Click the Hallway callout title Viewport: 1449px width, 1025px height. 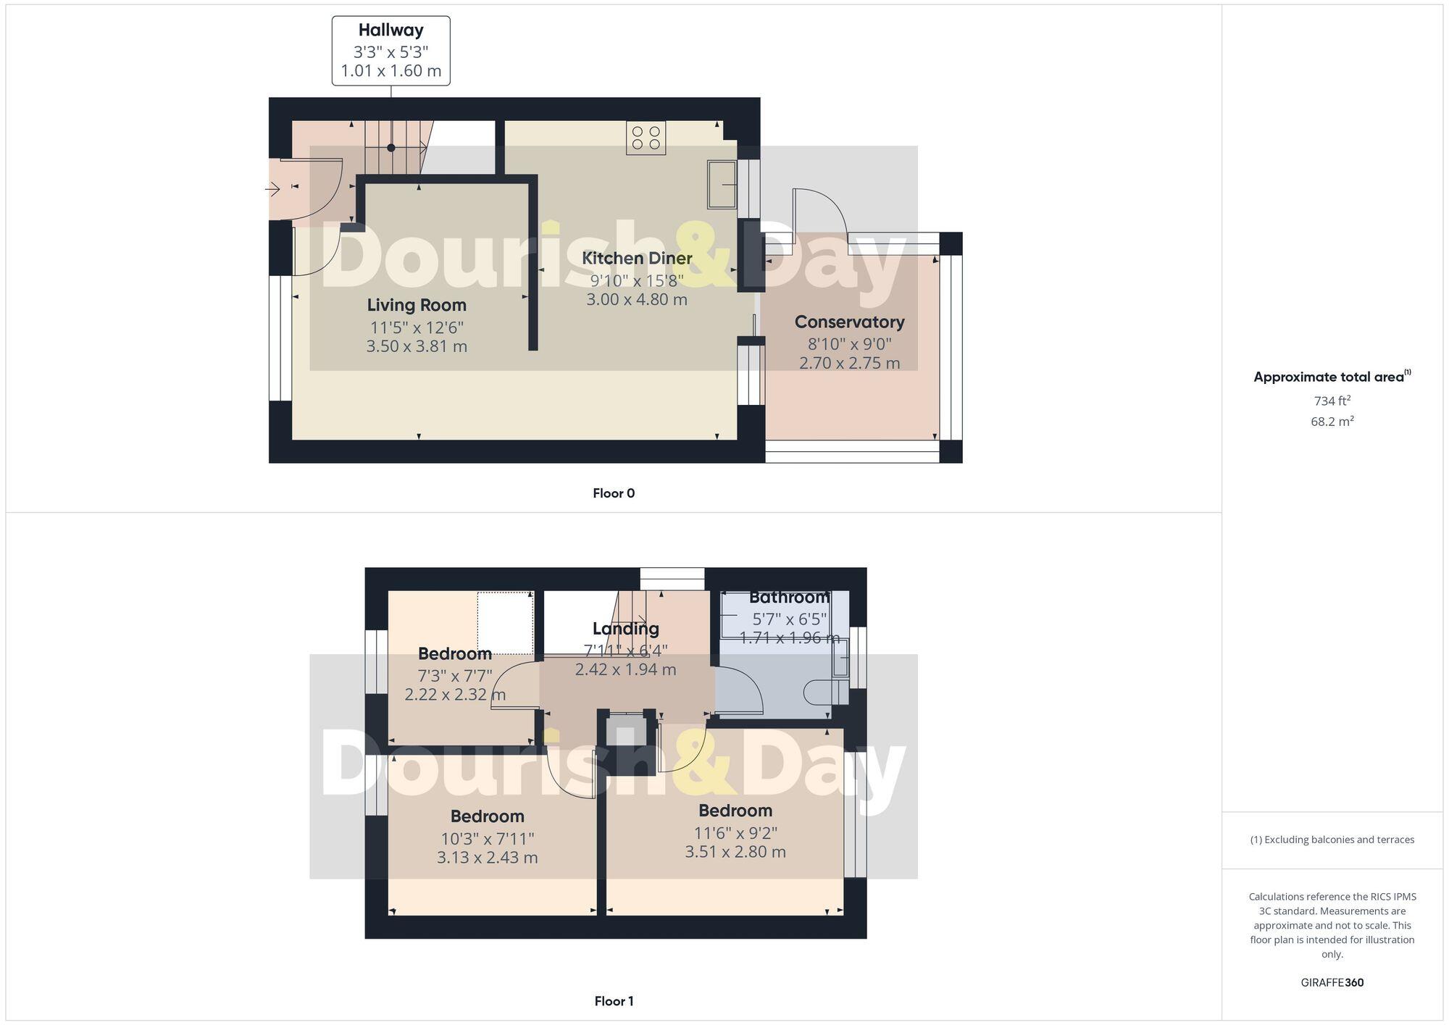tap(391, 30)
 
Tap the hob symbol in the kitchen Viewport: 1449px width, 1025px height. tap(646, 138)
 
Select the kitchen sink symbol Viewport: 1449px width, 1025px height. tap(722, 184)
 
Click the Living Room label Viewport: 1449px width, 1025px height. tap(417, 305)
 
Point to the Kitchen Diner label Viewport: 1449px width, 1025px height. tap(637, 258)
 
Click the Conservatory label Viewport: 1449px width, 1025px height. tap(849, 322)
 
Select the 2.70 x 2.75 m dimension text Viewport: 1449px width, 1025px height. tap(849, 363)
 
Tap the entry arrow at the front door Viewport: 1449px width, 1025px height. tap(272, 190)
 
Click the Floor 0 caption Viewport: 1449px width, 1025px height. tap(614, 493)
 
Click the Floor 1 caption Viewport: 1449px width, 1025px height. tap(614, 1001)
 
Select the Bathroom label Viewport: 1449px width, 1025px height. tap(789, 598)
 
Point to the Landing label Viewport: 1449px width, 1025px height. tap(625, 629)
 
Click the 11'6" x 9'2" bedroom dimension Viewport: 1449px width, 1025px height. tap(735, 833)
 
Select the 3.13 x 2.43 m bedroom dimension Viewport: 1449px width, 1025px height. tap(487, 858)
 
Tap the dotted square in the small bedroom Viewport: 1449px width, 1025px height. tap(505, 622)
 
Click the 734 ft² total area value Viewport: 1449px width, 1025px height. tap(1332, 401)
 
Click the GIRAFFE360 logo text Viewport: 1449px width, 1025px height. tap(1332, 983)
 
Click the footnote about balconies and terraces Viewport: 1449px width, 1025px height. tap(1332, 840)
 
